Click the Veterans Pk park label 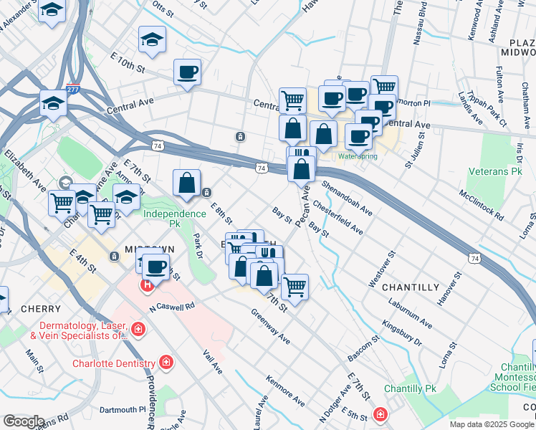tap(497, 172)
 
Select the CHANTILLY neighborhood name tap(410, 287)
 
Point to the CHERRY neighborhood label tap(41, 309)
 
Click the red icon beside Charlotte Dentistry tap(166, 363)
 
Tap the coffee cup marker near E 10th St tap(187, 72)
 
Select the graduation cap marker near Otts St tap(152, 40)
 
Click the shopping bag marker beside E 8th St tap(186, 183)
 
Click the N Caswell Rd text tap(172, 307)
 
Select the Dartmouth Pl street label tap(122, 410)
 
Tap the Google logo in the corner tap(24, 421)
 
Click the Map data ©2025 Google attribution tap(492, 424)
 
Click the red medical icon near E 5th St tap(379, 414)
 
